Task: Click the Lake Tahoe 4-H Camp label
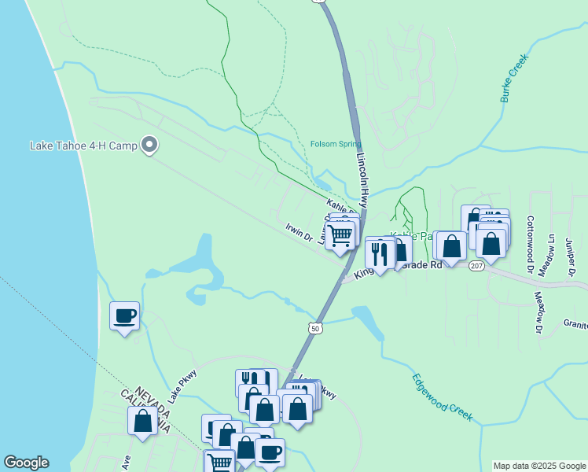click(x=83, y=146)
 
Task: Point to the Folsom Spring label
click(x=336, y=144)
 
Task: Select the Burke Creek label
click(x=514, y=78)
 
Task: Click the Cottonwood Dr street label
click(x=530, y=245)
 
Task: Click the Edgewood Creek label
click(x=443, y=397)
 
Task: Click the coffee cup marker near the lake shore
click(x=124, y=316)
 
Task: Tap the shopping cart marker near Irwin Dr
click(x=340, y=234)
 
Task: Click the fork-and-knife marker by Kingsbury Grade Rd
click(x=380, y=253)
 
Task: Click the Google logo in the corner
click(x=26, y=463)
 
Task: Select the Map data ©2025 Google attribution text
click(x=539, y=466)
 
